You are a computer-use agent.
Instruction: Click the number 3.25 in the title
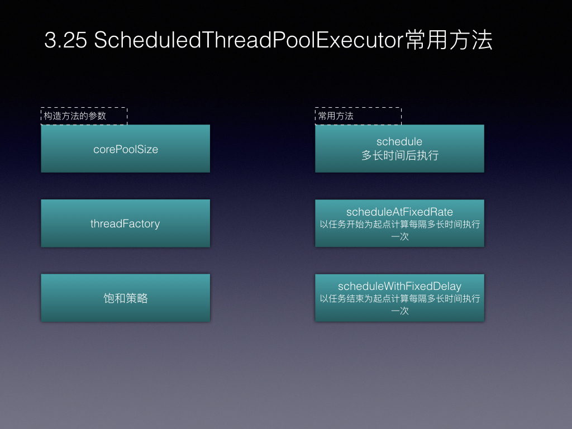(x=66, y=40)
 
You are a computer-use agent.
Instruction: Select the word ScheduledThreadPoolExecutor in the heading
(x=249, y=40)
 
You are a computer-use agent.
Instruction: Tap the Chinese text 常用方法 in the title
(x=449, y=40)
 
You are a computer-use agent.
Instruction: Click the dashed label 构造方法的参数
(x=84, y=116)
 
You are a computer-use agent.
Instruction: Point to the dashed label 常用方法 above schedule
(x=358, y=116)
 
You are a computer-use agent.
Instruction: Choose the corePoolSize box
(x=126, y=149)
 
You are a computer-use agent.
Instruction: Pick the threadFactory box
(x=126, y=223)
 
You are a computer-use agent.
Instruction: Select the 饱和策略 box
(x=126, y=298)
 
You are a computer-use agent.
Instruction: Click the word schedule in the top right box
(x=399, y=141)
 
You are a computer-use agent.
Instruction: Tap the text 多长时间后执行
(x=400, y=155)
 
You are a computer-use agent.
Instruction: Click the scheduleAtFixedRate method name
(x=399, y=212)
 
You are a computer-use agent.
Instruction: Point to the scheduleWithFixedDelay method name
(x=399, y=287)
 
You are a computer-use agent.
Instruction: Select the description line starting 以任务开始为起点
(x=400, y=225)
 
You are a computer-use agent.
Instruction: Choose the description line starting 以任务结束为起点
(x=400, y=299)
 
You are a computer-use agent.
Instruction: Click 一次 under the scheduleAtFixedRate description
(x=400, y=237)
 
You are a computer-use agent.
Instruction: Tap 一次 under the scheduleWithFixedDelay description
(x=400, y=311)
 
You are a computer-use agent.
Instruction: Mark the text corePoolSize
(x=126, y=149)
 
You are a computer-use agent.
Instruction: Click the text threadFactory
(x=125, y=223)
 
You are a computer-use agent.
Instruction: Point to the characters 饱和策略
(x=126, y=298)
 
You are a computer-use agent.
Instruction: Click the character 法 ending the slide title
(x=482, y=40)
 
